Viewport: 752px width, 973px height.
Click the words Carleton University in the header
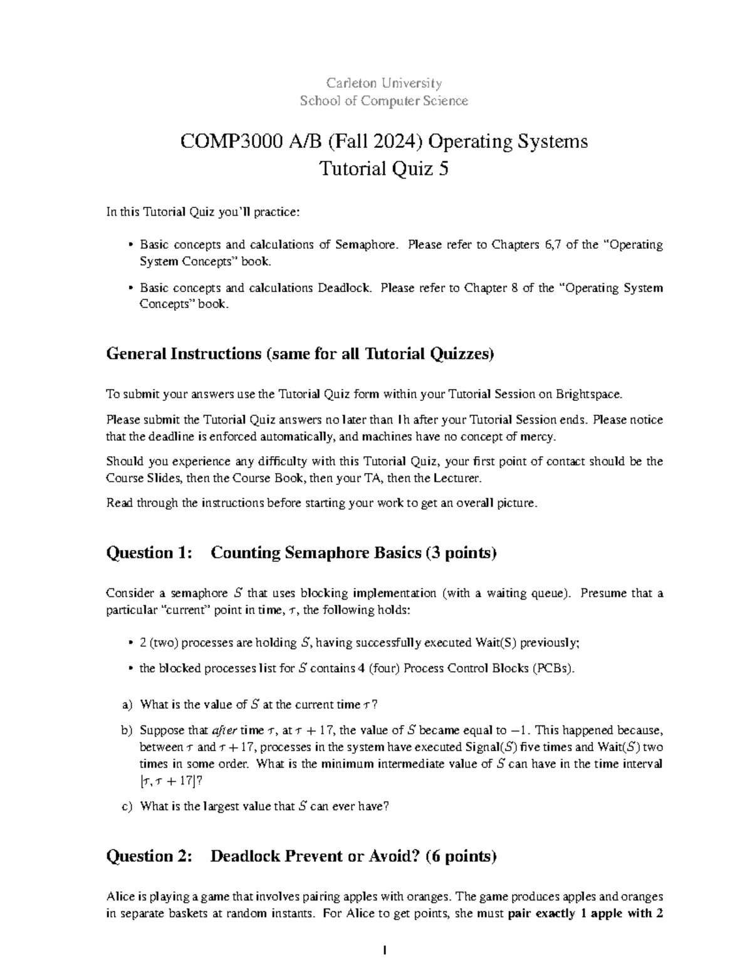(384, 83)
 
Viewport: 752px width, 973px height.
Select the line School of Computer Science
(384, 101)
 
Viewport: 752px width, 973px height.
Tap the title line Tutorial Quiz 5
(384, 169)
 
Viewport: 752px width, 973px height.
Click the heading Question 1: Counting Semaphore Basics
(301, 553)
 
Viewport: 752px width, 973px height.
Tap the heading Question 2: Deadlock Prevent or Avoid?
(301, 856)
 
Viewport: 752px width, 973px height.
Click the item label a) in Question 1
(128, 705)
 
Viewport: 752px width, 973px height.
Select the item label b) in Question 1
(128, 731)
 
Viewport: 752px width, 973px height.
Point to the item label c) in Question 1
(128, 806)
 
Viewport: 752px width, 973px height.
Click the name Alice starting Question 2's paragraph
(120, 896)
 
